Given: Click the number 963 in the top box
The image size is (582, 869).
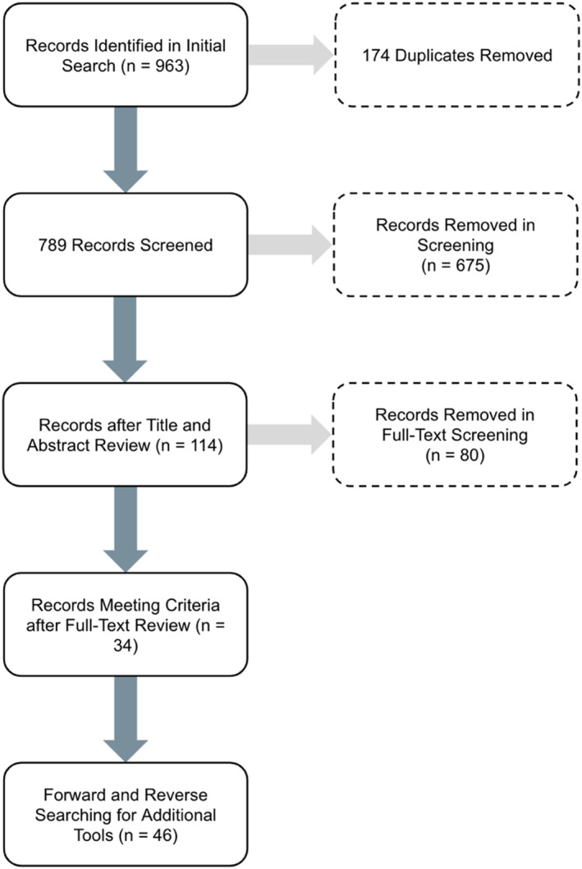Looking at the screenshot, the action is point(168,66).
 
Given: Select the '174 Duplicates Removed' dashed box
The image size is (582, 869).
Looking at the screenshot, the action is point(457,55).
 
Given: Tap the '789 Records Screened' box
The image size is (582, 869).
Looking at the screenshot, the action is point(126,245).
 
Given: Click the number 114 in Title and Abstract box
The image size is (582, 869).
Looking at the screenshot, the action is point(204,445).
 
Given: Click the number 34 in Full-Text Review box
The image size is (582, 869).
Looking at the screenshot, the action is point(126,645).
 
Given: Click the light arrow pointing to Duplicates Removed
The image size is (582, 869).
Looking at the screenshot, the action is point(291,55).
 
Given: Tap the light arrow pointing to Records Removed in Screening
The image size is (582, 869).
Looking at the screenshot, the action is point(290,245).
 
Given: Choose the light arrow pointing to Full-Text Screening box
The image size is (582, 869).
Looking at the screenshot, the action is point(289,435).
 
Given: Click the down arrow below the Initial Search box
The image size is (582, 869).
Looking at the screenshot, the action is point(126,149).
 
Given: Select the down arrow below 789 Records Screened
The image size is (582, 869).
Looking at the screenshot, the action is point(126,339).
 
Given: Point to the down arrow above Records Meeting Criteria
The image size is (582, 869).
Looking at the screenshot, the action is point(126,529).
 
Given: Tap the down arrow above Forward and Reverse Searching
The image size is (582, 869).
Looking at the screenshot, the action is point(126,720).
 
